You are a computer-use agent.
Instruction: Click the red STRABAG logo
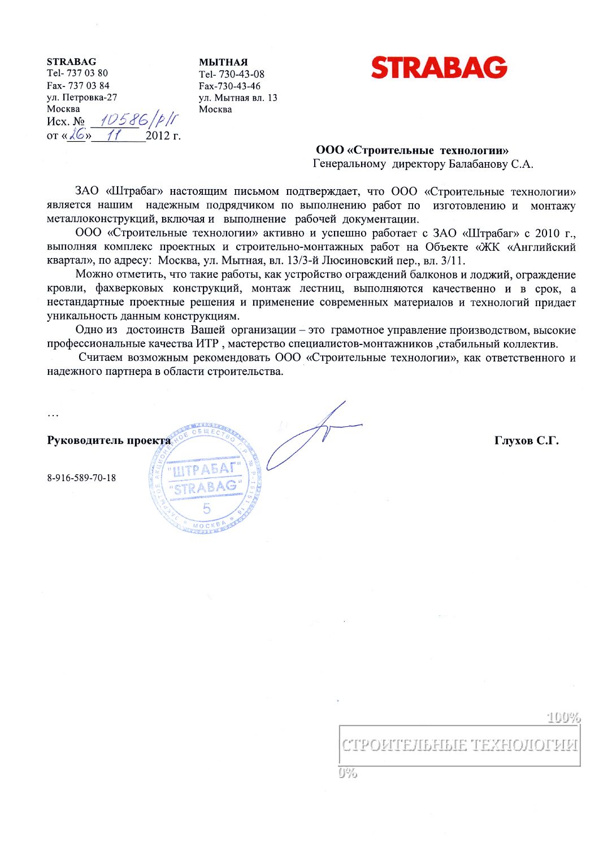(x=439, y=68)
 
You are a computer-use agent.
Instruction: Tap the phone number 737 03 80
(x=87, y=73)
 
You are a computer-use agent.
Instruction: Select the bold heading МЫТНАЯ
(x=223, y=62)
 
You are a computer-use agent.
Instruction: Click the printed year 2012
(x=158, y=136)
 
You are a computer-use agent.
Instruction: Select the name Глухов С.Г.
(x=526, y=441)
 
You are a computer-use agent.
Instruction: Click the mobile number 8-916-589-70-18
(x=81, y=478)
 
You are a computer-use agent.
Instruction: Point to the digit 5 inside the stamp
(x=206, y=509)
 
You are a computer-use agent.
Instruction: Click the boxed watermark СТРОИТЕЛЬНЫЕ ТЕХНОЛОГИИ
(x=459, y=745)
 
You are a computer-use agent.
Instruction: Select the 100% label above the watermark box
(x=563, y=718)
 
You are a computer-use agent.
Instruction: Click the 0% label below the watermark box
(x=348, y=772)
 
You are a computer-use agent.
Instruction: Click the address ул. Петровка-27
(x=82, y=97)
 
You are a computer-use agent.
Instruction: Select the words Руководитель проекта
(x=108, y=441)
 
